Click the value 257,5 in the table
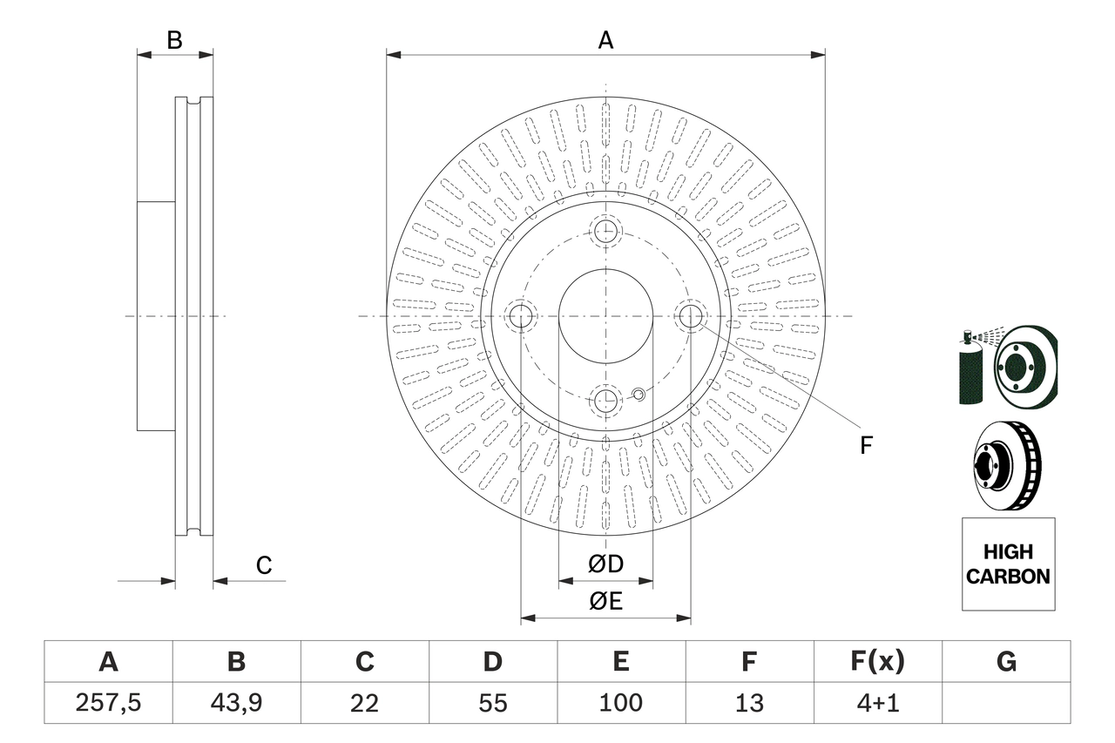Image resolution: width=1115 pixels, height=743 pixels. tap(108, 703)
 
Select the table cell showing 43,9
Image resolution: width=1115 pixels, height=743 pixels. tap(236, 703)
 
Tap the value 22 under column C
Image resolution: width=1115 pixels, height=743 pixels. tap(364, 703)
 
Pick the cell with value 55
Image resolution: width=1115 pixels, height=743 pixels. tap(492, 703)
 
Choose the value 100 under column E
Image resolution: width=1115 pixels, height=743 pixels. tap(620, 703)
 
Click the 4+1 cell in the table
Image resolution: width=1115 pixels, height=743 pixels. tap(877, 703)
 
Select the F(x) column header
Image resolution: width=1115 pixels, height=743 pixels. tap(877, 662)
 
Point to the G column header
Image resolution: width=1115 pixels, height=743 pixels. tap(1006, 662)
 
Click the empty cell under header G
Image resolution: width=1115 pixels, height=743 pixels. tap(1006, 703)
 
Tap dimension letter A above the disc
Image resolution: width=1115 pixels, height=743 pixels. tap(605, 40)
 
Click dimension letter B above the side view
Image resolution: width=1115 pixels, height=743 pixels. tap(174, 40)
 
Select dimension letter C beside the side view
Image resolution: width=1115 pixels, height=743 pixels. tap(264, 565)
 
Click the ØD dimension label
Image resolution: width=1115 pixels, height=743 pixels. tap(605, 564)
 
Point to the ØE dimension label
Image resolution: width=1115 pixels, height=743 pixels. tap(605, 602)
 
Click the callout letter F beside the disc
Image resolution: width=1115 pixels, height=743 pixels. tap(865, 445)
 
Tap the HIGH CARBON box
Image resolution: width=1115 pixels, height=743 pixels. tap(1008, 564)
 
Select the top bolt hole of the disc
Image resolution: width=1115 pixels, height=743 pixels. tap(605, 231)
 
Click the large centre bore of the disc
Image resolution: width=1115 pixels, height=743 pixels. tap(605, 315)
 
